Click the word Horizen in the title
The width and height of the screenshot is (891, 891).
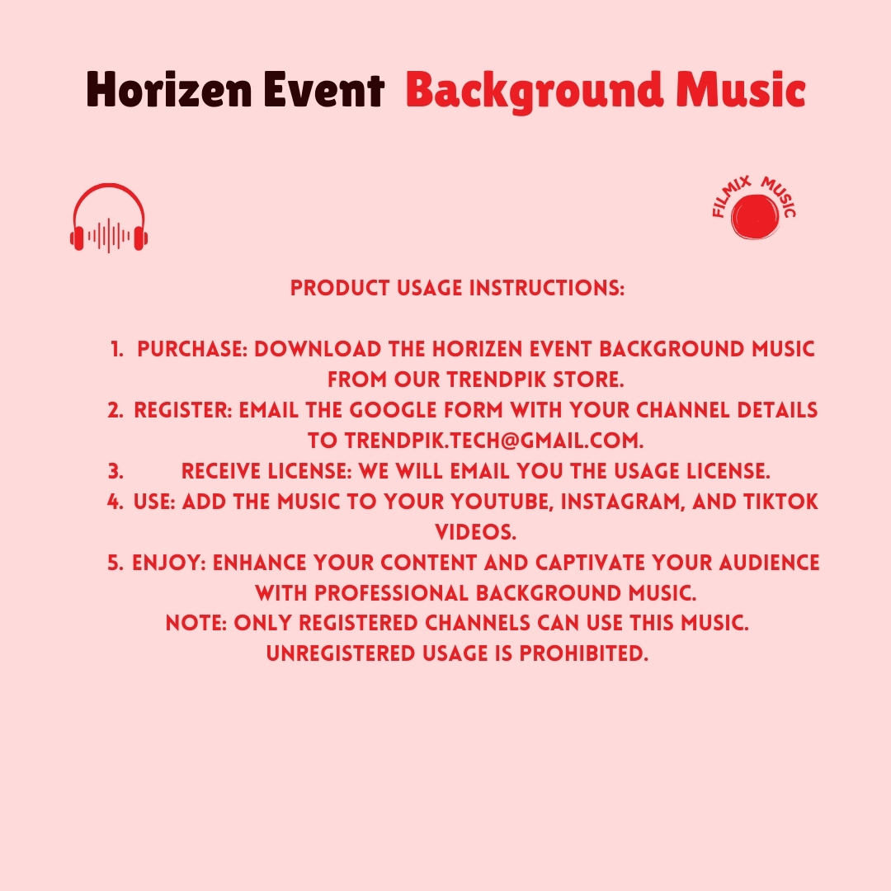pyautogui.click(x=169, y=90)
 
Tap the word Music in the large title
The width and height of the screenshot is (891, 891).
pyautogui.click(x=740, y=89)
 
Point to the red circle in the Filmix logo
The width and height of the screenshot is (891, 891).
pyautogui.click(x=755, y=216)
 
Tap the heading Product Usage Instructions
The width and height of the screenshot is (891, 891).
pyautogui.click(x=457, y=288)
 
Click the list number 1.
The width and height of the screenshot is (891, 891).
pyautogui.click(x=116, y=349)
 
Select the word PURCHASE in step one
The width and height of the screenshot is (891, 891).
pyautogui.click(x=192, y=349)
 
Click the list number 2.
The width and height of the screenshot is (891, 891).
pyautogui.click(x=115, y=410)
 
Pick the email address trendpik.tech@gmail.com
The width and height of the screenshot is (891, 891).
pyautogui.click(x=494, y=441)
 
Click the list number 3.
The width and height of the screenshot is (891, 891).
pyautogui.click(x=115, y=471)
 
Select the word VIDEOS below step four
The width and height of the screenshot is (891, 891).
pyautogui.click(x=476, y=532)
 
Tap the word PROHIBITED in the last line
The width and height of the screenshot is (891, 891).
pyautogui.click(x=583, y=653)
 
